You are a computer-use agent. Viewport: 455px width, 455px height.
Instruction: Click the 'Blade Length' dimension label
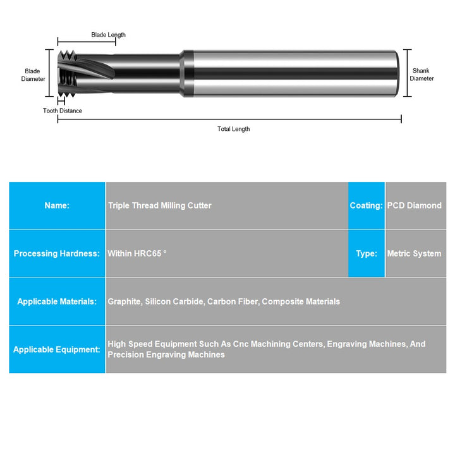(x=108, y=35)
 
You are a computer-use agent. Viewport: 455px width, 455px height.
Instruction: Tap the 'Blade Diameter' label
(x=33, y=75)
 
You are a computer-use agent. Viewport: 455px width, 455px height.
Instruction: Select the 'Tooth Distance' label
(x=62, y=111)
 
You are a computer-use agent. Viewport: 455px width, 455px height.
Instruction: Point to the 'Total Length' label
(x=233, y=129)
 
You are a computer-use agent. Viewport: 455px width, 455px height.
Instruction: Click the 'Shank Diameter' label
(x=422, y=75)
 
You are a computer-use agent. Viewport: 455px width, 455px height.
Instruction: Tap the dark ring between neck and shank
(x=186, y=73)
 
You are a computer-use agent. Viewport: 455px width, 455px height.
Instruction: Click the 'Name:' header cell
(x=57, y=205)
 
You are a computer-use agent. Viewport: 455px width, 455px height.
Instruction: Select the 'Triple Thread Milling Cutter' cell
(x=160, y=205)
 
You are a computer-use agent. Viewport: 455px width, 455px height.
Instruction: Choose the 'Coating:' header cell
(x=366, y=205)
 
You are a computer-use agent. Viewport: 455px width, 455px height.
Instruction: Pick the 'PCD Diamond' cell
(x=415, y=205)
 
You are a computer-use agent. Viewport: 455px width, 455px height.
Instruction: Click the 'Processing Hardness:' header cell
(x=57, y=253)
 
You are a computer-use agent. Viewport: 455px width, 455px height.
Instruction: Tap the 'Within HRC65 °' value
(x=137, y=253)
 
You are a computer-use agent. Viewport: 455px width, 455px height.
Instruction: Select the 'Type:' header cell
(x=366, y=253)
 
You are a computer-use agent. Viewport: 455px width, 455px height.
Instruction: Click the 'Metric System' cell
(x=414, y=253)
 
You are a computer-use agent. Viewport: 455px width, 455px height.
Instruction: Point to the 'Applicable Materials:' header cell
(x=57, y=301)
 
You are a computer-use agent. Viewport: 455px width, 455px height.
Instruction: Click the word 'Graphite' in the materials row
(x=124, y=301)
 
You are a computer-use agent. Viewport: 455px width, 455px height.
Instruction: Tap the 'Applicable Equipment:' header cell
(x=57, y=349)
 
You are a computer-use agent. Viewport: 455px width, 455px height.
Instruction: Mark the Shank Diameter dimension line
(x=408, y=73)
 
